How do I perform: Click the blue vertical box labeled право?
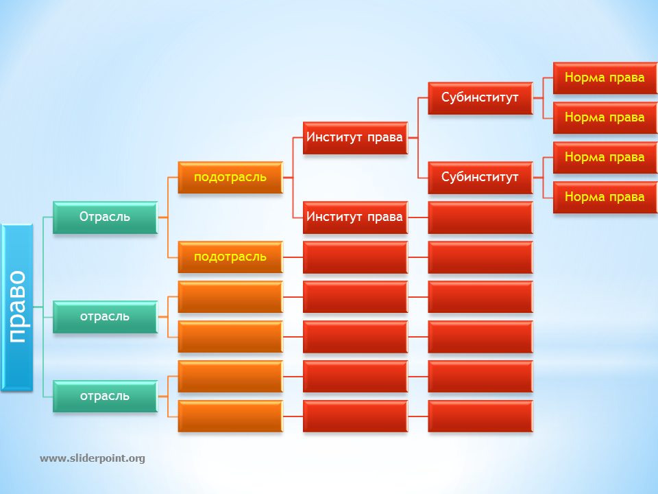(16, 307)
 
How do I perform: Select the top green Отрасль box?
(105, 217)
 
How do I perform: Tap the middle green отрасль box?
(105, 317)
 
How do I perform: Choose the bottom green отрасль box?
(105, 396)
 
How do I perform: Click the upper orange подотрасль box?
(230, 178)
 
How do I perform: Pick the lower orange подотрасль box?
(230, 257)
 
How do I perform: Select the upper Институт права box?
(356, 138)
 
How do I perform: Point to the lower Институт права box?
(356, 217)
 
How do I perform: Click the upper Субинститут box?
(480, 98)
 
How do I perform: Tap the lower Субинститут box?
(480, 178)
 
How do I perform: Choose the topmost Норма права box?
(605, 78)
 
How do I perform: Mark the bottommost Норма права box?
(605, 198)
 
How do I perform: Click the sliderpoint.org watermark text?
(93, 458)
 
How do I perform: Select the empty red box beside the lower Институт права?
(480, 217)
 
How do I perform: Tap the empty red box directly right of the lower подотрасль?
(356, 257)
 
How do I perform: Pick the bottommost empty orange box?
(230, 416)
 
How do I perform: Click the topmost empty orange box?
(230, 297)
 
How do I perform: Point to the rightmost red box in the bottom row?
(480, 416)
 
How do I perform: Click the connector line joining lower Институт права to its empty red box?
(418, 217)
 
